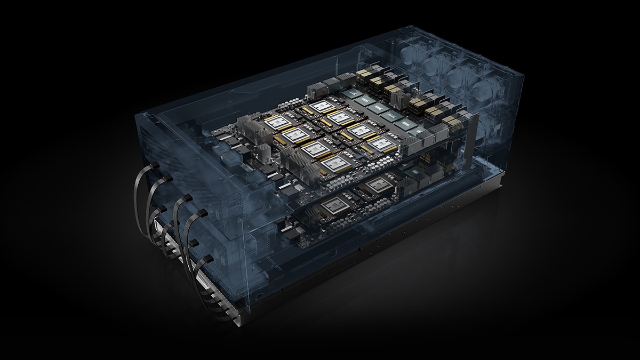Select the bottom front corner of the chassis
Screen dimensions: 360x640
pyautogui.click(x=240, y=322)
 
